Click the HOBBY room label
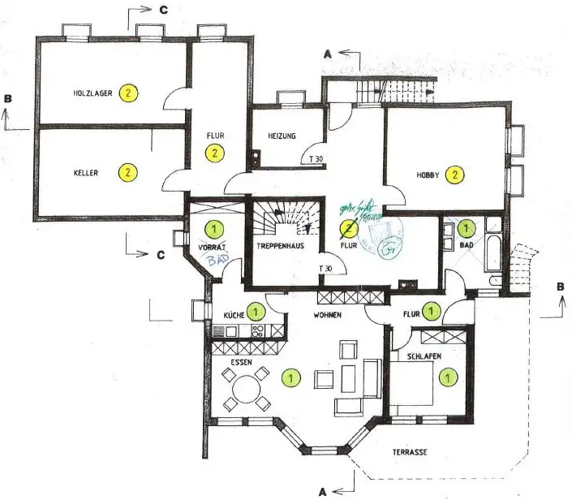[428, 175]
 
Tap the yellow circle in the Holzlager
[127, 93]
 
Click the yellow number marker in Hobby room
[456, 174]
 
